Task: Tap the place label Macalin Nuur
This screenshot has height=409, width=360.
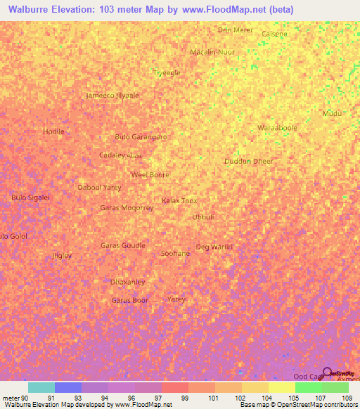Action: (x=212, y=52)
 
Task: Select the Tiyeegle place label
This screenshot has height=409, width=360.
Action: (x=167, y=72)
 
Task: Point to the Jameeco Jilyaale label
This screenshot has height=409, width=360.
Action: (x=112, y=96)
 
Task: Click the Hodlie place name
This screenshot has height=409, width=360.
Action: (x=53, y=131)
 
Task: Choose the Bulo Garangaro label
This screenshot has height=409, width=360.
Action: (x=141, y=137)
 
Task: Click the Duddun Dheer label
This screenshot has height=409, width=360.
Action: (x=248, y=161)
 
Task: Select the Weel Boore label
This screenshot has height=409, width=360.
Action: (x=150, y=174)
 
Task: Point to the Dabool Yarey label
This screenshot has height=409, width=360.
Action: (x=99, y=188)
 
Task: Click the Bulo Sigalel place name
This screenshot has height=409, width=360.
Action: (x=31, y=197)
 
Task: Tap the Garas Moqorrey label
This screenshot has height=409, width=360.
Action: (x=127, y=208)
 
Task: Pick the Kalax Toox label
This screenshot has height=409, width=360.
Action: (x=179, y=200)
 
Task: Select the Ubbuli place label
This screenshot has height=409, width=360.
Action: (x=203, y=216)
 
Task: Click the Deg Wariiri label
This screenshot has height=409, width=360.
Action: (x=214, y=247)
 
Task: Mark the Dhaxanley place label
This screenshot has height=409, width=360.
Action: (x=127, y=282)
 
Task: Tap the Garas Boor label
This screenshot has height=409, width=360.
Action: (x=130, y=301)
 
